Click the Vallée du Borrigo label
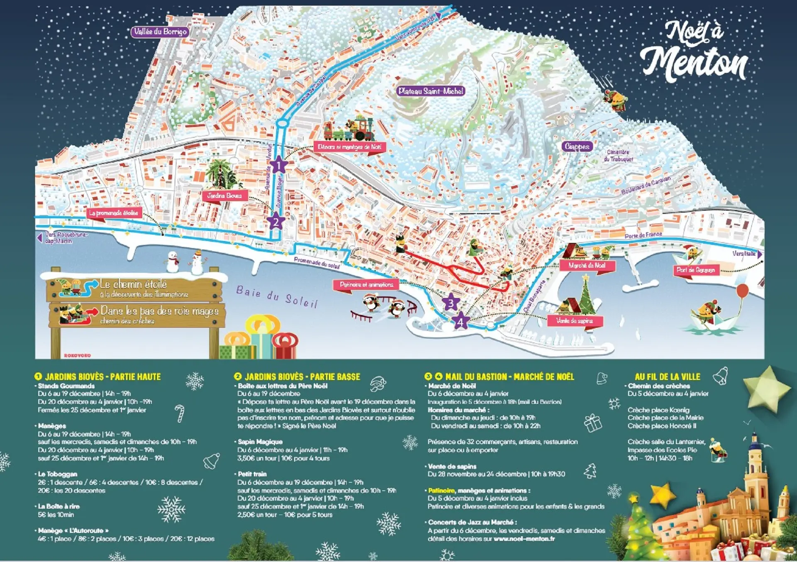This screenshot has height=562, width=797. tap(160, 32)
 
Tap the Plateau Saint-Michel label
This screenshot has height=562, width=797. tap(430, 91)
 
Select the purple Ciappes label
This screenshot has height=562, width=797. tap(577, 146)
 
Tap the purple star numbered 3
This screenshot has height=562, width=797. tap(451, 303)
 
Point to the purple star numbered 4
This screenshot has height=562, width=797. tap(460, 321)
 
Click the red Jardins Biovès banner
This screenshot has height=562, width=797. tap(225, 195)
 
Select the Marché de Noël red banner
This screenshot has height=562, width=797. tap(587, 265)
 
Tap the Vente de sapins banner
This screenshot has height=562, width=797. tap(575, 321)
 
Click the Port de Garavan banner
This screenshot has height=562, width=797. tap(696, 270)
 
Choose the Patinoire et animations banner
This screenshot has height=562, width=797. tap(366, 285)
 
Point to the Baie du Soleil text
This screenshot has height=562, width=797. tap(277, 296)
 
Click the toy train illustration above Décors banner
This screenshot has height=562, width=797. tap(350, 130)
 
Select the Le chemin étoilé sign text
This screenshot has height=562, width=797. tap(133, 284)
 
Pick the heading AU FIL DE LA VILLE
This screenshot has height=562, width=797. tap(667, 377)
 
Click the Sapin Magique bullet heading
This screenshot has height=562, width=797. tap(260, 442)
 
